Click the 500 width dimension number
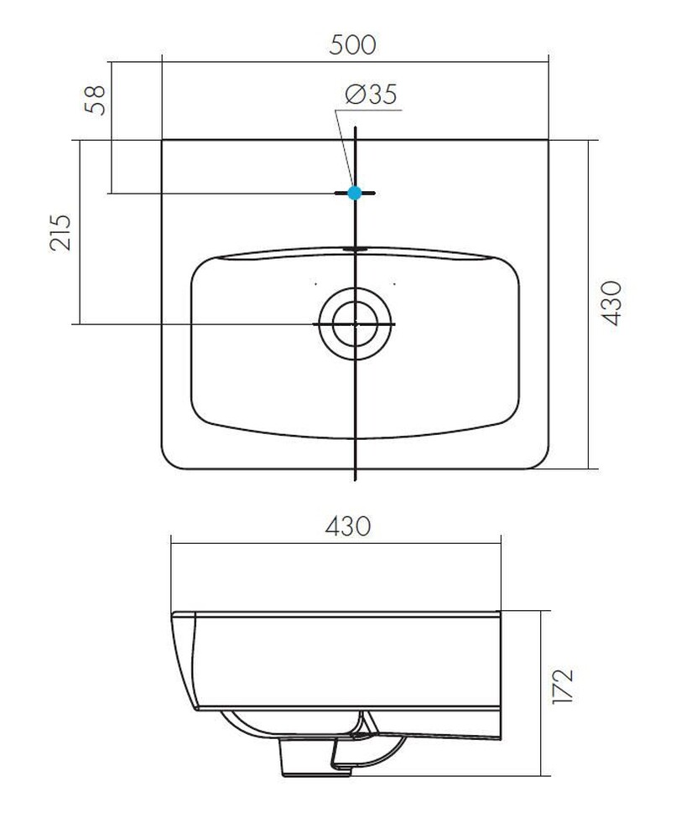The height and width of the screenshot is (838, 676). click(353, 43)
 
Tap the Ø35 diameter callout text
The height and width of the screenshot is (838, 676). click(370, 95)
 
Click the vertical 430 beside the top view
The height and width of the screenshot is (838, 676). click(612, 303)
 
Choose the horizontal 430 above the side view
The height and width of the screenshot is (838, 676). click(347, 526)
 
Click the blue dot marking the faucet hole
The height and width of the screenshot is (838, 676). click(354, 193)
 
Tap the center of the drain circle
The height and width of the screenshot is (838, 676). click(356, 323)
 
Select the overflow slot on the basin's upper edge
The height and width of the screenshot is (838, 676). click(356, 248)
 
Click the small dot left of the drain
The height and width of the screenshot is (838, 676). click(315, 284)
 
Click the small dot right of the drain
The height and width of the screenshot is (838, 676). click(394, 284)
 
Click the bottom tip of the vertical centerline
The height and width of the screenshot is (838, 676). click(356, 479)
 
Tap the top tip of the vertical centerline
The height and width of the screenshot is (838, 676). click(356, 128)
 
